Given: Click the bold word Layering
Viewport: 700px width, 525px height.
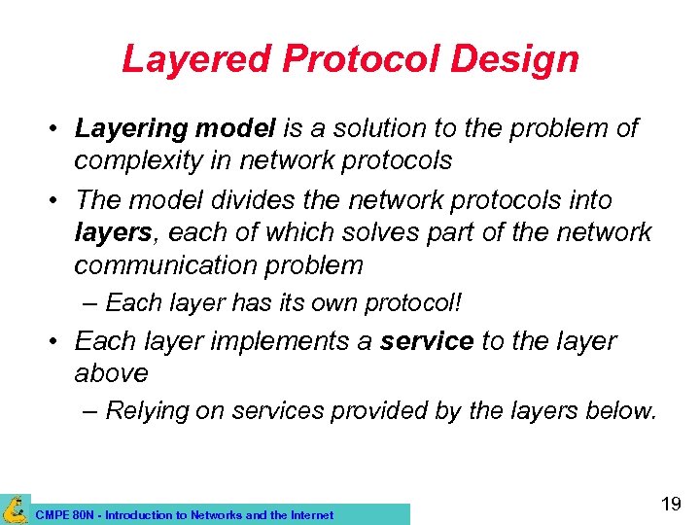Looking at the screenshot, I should [x=123, y=128].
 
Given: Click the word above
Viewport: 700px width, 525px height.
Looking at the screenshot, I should [x=111, y=373].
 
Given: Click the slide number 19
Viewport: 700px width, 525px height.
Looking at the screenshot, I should [x=670, y=504].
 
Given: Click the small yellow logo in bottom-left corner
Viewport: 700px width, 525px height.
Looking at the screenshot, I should [x=15, y=509].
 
